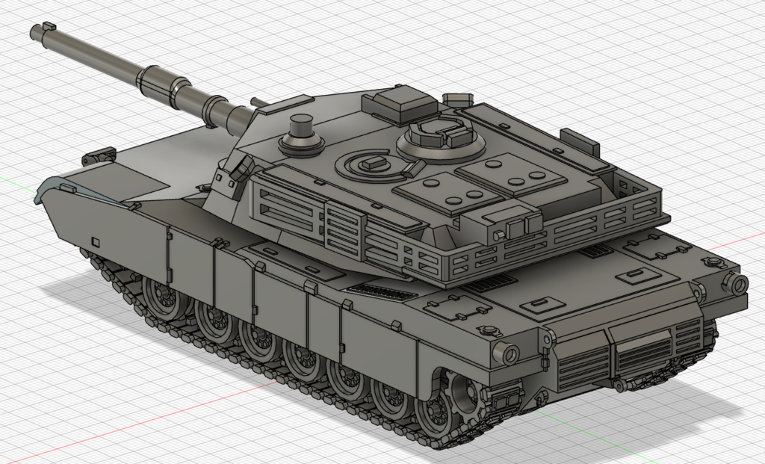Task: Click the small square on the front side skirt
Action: point(95,241)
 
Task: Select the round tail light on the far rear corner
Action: point(735,283)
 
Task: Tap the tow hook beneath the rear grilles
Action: point(619,385)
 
